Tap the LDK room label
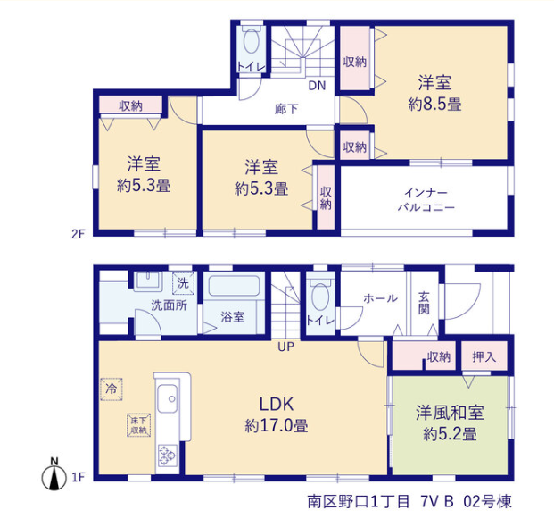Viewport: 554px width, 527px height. (x=277, y=405)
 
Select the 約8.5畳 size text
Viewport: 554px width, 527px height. (x=434, y=105)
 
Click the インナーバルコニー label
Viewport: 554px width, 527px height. (x=426, y=200)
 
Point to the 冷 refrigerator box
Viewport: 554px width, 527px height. (x=112, y=389)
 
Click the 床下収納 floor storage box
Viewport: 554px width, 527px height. (x=139, y=425)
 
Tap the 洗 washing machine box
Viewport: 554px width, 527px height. (x=183, y=283)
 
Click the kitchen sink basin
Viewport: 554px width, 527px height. (x=168, y=398)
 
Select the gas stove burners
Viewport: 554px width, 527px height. (x=168, y=455)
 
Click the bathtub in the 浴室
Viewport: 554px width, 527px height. (x=234, y=286)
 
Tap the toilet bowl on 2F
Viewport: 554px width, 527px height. (x=252, y=41)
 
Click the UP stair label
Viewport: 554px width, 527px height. (x=285, y=347)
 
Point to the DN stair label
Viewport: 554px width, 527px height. (x=317, y=86)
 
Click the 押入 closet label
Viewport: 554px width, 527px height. (x=484, y=357)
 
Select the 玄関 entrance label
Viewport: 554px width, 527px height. (x=424, y=303)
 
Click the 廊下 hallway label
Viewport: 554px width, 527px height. (x=286, y=109)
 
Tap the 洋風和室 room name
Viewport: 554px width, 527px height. (x=450, y=413)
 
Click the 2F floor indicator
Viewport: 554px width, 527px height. (x=79, y=234)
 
